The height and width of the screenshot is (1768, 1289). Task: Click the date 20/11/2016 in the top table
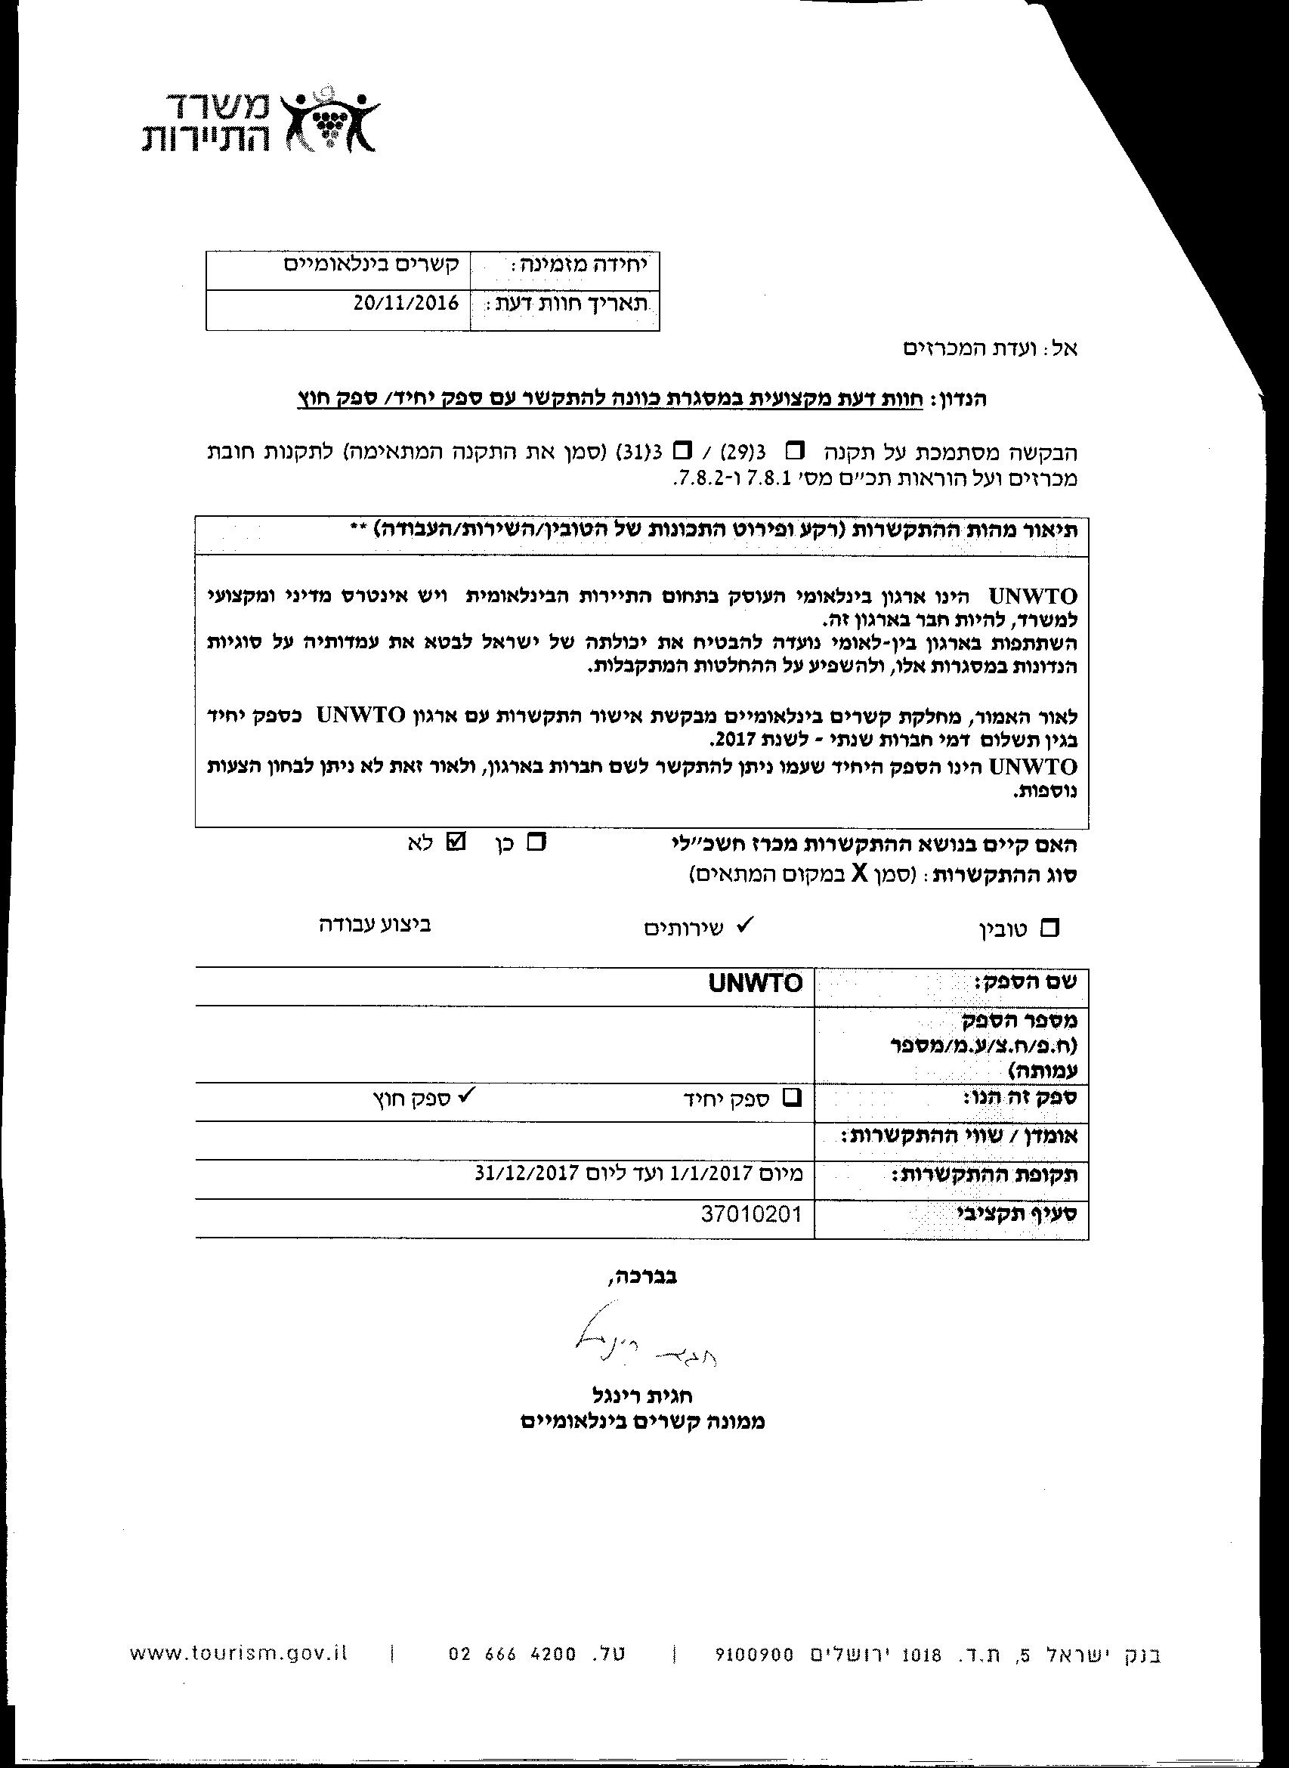pos(405,304)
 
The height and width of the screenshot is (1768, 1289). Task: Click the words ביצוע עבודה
pos(375,925)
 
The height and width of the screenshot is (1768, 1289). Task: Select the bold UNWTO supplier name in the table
pos(756,983)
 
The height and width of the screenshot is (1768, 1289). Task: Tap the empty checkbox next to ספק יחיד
pos(792,1098)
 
